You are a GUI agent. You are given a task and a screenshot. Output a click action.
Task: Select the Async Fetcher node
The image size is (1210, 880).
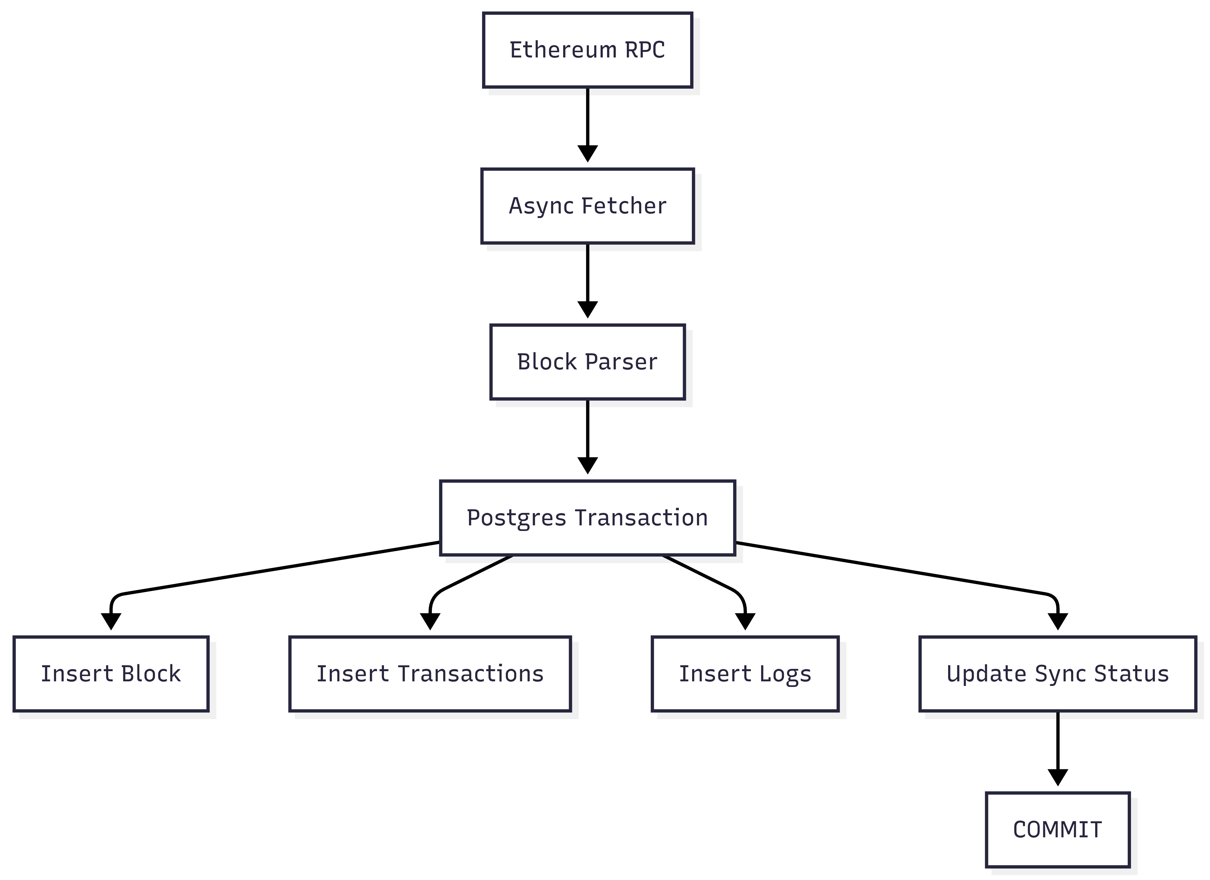point(587,206)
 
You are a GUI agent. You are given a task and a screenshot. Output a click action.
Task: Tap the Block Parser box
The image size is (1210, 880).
point(587,362)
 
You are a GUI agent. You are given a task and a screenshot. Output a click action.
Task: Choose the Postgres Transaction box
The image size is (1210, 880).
point(587,517)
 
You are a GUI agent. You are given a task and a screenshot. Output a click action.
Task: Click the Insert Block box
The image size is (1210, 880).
point(111,673)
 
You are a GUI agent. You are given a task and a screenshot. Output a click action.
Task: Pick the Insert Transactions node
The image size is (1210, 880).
point(430,673)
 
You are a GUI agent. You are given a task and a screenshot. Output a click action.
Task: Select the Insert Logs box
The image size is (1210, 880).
point(745,673)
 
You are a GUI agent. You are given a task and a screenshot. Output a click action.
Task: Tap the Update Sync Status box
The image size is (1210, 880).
point(1057,673)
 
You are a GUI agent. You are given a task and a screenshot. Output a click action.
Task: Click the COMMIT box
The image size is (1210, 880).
point(1057,830)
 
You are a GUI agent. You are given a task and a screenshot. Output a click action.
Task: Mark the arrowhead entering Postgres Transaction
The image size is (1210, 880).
point(587,465)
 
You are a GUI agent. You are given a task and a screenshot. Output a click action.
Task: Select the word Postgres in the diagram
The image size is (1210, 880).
point(516,517)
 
